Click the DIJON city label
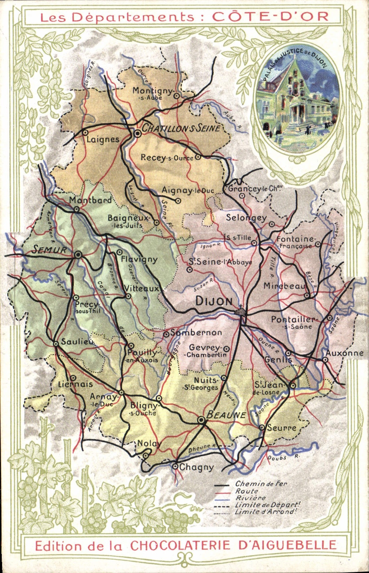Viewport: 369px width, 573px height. (214, 301)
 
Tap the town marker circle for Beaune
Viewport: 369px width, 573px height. (201, 420)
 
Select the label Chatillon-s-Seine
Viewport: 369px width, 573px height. (181, 128)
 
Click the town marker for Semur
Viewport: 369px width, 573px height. (78, 255)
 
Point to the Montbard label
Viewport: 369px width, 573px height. (91, 200)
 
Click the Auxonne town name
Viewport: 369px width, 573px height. (344, 353)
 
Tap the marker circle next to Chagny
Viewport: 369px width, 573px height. (175, 467)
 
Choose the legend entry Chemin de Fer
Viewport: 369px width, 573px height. (261, 484)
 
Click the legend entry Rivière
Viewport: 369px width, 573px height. (251, 498)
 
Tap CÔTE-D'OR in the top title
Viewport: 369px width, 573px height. (270, 17)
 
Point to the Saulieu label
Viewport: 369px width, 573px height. (77, 342)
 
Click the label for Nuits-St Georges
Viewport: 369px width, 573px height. (201, 384)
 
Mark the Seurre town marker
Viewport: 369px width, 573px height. (262, 427)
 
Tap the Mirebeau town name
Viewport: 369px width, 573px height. (284, 286)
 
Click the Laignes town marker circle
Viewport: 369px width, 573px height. (85, 132)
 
